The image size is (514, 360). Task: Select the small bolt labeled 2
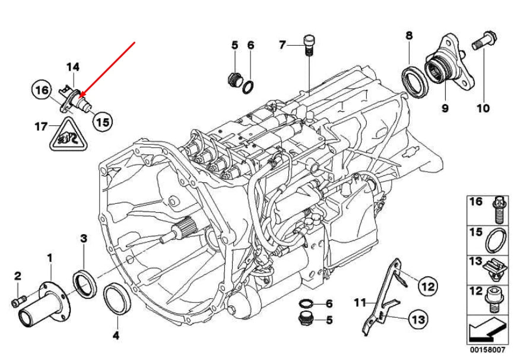pyautogui.click(x=17, y=301)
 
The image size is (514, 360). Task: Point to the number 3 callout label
pyautogui.click(x=84, y=238)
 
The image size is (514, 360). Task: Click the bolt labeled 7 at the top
pyautogui.click(x=307, y=46)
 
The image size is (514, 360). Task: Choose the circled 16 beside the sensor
pyautogui.click(x=40, y=90)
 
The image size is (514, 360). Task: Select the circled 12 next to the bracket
pyautogui.click(x=427, y=286)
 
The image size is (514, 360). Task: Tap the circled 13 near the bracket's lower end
pyautogui.click(x=418, y=320)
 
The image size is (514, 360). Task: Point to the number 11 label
pyautogui.click(x=358, y=302)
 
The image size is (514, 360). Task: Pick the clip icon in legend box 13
pyautogui.click(x=496, y=269)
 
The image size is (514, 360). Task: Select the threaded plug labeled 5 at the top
pyautogui.click(x=234, y=78)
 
